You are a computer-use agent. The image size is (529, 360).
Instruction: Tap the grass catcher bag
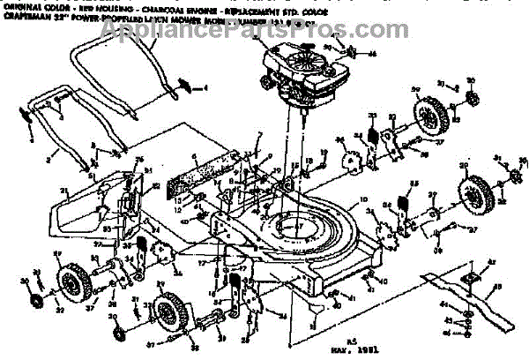click(88, 212)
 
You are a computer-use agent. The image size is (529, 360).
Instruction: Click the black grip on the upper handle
click(185, 84)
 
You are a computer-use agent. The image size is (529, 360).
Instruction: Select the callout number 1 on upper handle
click(205, 88)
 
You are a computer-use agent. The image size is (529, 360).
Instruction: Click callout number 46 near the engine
click(372, 54)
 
